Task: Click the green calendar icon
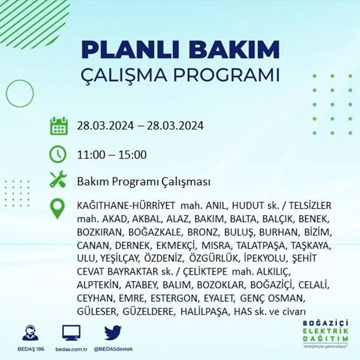click(58, 126)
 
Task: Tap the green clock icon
click(58, 155)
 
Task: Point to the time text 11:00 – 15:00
click(112, 155)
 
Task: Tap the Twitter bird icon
click(113, 333)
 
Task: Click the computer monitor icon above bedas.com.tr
click(71, 333)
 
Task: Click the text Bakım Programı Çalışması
click(144, 182)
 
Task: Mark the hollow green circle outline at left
click(20, 93)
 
